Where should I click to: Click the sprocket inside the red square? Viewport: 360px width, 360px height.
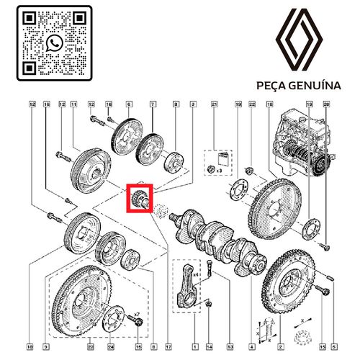pos(140,198)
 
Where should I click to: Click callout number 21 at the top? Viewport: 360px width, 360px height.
pos(214,106)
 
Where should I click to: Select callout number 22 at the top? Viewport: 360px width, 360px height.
pos(251,106)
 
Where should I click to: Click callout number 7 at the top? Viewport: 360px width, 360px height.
pos(153,106)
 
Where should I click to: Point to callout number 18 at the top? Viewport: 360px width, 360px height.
pos(269,106)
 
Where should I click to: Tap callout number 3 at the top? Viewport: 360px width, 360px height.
pos(193,106)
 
